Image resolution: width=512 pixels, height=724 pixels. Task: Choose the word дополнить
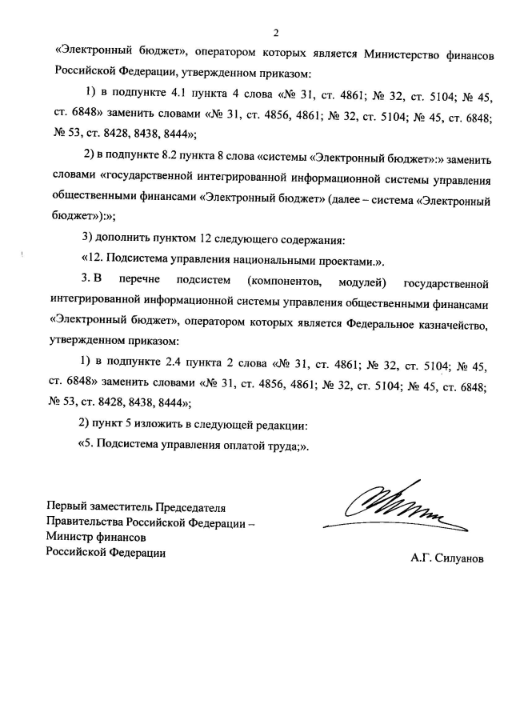[124, 239]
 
